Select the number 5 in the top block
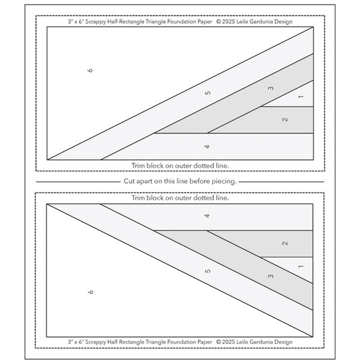[x=208, y=93]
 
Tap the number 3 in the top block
[x=271, y=88]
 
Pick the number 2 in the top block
[x=285, y=120]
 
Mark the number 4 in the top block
[x=207, y=146]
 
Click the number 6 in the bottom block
[x=90, y=291]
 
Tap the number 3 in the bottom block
[x=271, y=275]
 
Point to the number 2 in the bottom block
[x=285, y=243]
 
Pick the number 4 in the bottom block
[x=207, y=215]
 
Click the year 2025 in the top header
[x=230, y=21]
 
